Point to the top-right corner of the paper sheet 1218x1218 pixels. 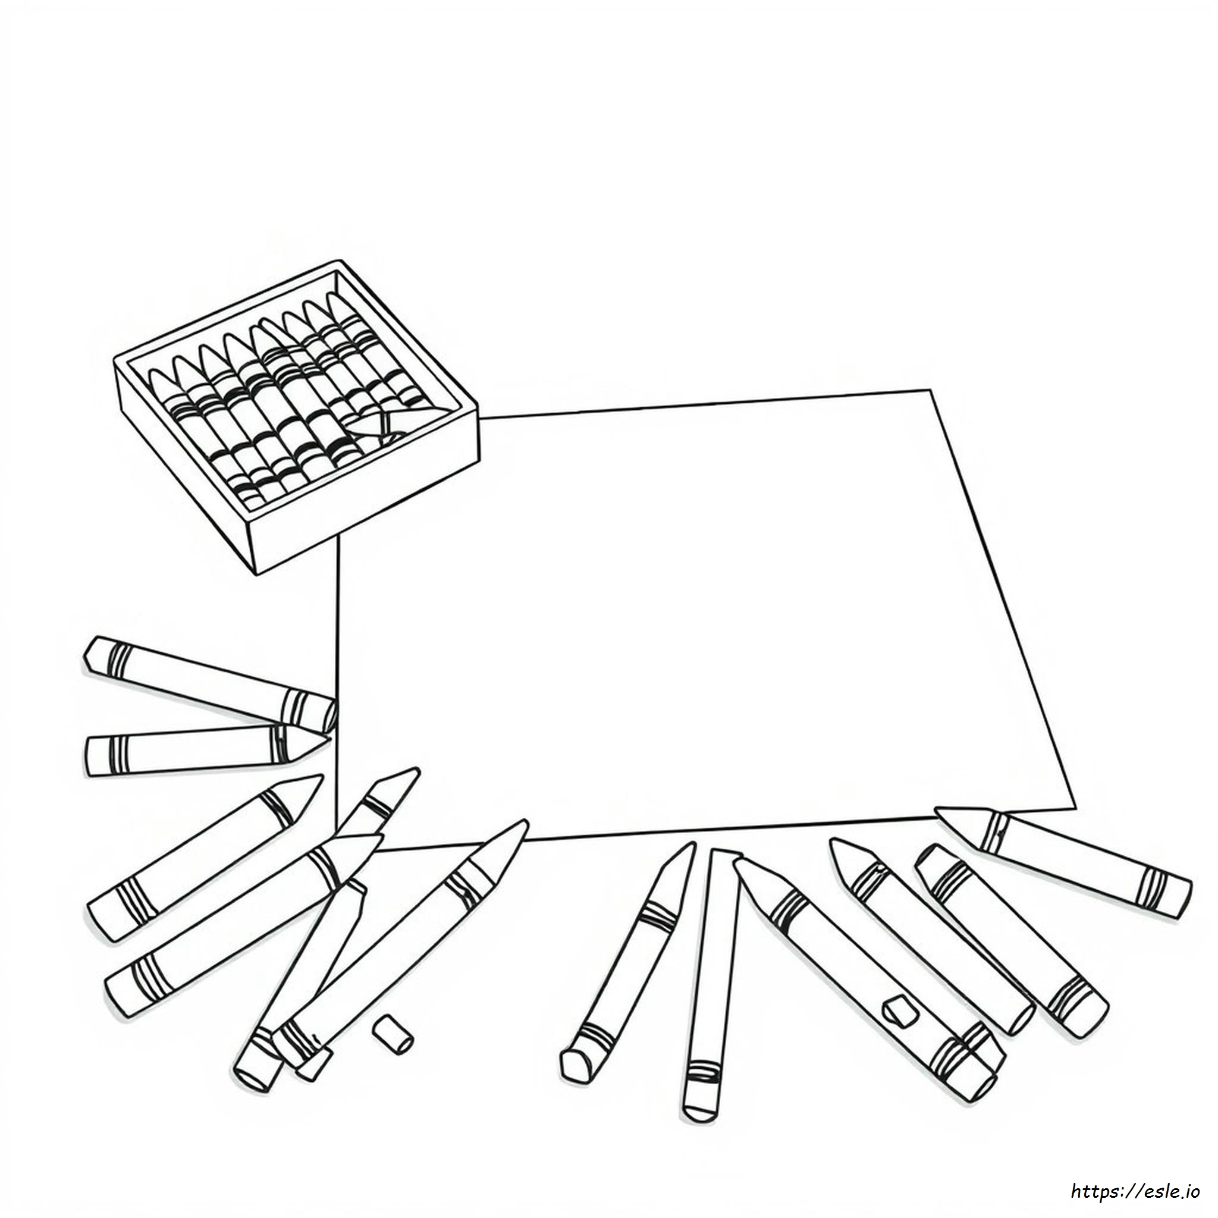[x=931, y=390]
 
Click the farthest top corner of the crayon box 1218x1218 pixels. [x=340, y=260]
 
